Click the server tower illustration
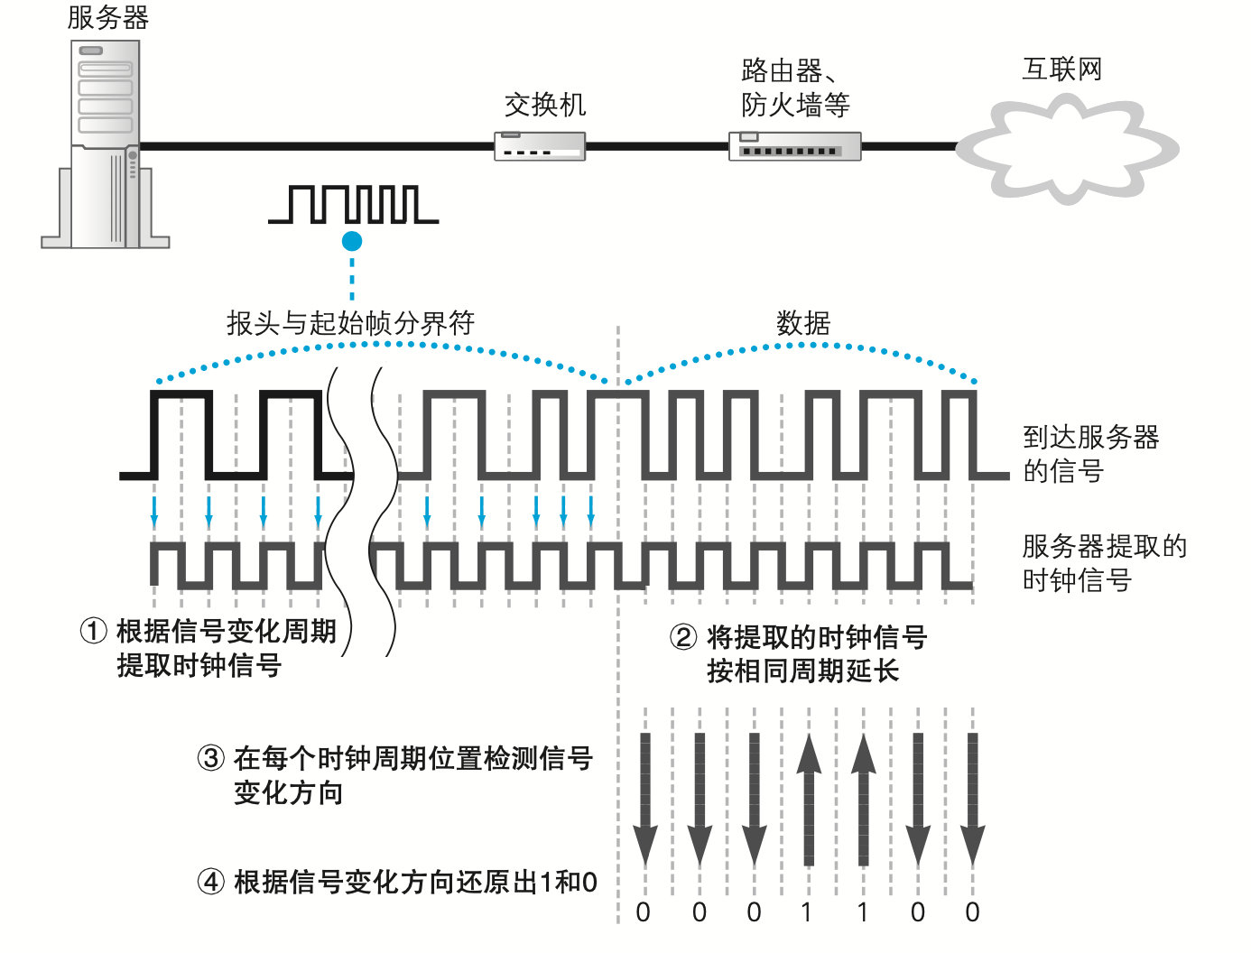tap(105, 144)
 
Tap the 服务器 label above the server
tap(108, 17)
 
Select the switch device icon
tap(540, 146)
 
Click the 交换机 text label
tap(545, 105)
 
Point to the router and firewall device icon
tap(794, 146)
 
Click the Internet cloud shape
tap(1067, 150)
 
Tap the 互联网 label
tap(1062, 69)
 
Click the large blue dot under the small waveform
tap(352, 241)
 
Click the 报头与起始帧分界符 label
tap(350, 322)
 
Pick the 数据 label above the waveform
tap(803, 322)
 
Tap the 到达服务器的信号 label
tap(1090, 454)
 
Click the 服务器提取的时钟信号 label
tap(1104, 562)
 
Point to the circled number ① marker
tap(94, 631)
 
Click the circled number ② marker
tap(683, 637)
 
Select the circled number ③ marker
tap(210, 758)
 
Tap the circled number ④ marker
tap(210, 882)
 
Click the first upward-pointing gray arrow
tap(809, 800)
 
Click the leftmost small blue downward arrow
tap(154, 511)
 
